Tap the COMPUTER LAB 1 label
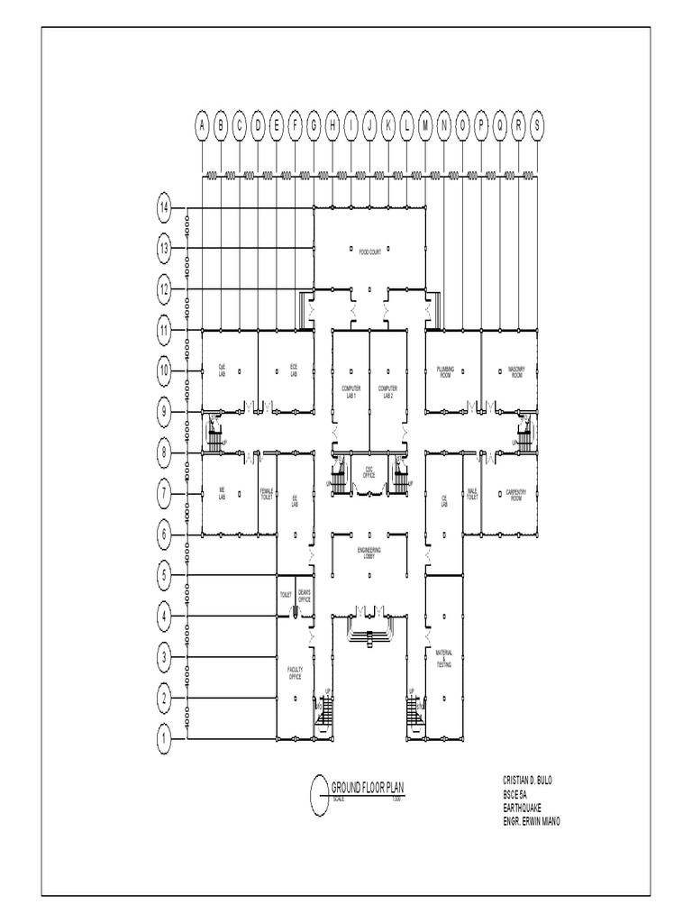(x=350, y=391)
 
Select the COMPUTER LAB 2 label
(x=387, y=391)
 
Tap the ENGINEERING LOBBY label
(x=369, y=552)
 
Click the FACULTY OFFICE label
(x=294, y=673)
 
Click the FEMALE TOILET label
(x=267, y=494)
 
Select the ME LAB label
(x=221, y=493)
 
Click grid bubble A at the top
(x=202, y=125)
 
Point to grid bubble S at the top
(x=538, y=125)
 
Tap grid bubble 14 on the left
(x=164, y=208)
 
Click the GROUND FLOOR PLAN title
(x=368, y=787)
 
